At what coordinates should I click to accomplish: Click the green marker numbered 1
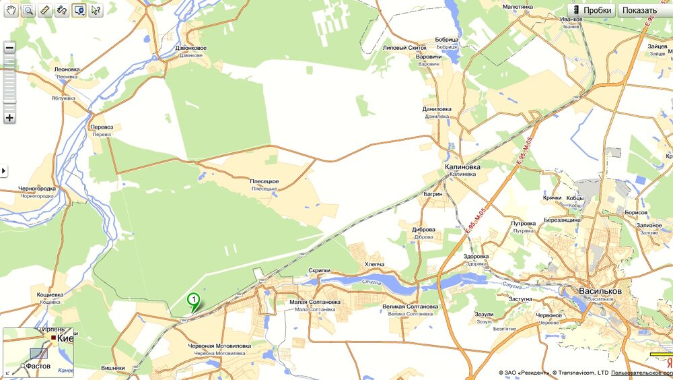click(x=194, y=299)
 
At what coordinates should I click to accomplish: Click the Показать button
click(x=639, y=10)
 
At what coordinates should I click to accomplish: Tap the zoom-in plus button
click(x=9, y=118)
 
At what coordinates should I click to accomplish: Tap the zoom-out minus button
click(x=9, y=48)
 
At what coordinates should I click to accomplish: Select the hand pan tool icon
click(x=11, y=10)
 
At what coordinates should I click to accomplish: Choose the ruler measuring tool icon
click(x=45, y=10)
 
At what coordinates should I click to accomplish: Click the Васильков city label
click(x=600, y=291)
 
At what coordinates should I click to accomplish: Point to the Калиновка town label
click(x=462, y=166)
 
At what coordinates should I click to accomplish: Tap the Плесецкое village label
click(x=264, y=182)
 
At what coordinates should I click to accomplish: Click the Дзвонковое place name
click(x=191, y=48)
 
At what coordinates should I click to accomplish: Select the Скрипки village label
click(x=320, y=270)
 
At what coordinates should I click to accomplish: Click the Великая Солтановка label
click(x=410, y=307)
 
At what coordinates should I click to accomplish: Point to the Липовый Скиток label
click(x=404, y=48)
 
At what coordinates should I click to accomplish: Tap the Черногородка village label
click(x=37, y=189)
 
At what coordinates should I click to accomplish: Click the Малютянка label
click(x=518, y=7)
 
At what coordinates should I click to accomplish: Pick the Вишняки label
click(x=112, y=369)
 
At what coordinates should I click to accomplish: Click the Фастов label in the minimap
click(x=38, y=366)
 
